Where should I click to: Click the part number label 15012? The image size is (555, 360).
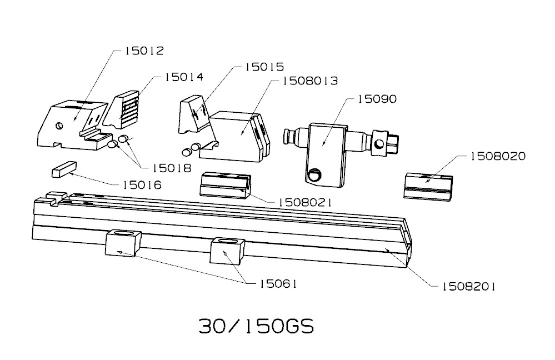[144, 51]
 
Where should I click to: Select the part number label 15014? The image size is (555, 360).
[183, 78]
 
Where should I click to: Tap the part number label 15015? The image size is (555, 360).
[264, 67]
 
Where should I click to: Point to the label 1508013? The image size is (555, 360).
[311, 81]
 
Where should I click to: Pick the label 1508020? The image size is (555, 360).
[497, 157]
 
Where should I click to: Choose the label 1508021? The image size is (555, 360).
[304, 202]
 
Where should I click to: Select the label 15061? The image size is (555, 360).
[278, 283]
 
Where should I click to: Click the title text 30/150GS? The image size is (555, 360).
[256, 326]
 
